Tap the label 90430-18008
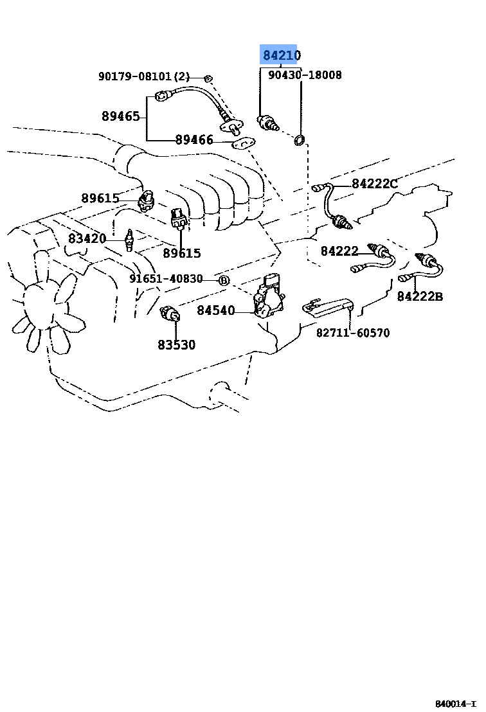305,75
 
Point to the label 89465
120,116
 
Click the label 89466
194,139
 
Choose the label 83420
87,238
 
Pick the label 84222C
375,183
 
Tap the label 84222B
420,296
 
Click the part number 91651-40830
166,278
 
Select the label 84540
216,310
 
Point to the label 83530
177,344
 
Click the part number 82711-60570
353,333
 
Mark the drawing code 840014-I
456,704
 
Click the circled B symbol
224,280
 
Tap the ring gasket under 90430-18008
300,140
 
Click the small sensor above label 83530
170,313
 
